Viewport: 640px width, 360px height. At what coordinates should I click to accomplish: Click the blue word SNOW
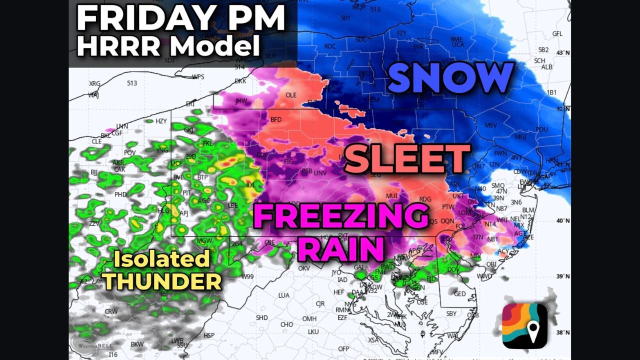pos(450,78)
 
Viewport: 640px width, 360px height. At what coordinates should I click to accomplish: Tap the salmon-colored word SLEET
pos(407,158)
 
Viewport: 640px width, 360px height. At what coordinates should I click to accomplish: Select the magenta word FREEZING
pos(341,216)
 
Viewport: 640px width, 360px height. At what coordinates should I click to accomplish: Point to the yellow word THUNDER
pos(162,281)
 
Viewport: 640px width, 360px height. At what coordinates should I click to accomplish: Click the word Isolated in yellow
pos(161,259)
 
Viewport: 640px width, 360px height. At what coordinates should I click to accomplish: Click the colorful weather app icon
pos(524,325)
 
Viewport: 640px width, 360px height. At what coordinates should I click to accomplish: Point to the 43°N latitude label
pos(563,53)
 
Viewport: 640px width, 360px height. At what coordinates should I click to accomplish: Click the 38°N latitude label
pos(563,331)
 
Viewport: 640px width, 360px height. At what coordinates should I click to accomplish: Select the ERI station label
pos(190,104)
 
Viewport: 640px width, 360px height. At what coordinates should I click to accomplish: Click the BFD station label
pos(276,120)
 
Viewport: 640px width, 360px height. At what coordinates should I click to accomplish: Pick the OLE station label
pos(290,95)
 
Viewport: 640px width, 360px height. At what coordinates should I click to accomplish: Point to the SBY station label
pos(451,314)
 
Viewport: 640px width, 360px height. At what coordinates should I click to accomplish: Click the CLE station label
pos(96,141)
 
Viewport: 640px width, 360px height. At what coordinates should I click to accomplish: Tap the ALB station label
pos(547,67)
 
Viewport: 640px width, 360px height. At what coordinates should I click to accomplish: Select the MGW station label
pos(204,241)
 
